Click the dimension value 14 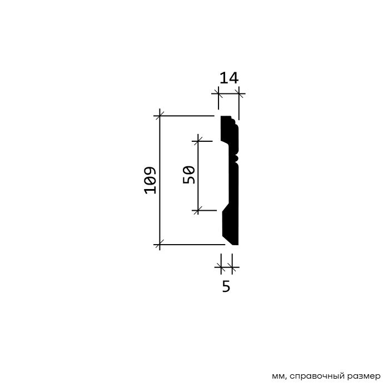click(x=229, y=78)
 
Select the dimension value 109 click(x=150, y=180)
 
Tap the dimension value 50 click(x=189, y=175)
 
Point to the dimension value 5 click(x=226, y=286)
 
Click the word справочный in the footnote click(x=317, y=376)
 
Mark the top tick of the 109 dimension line click(x=160, y=116)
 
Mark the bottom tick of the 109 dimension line click(x=160, y=245)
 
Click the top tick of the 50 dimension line click(x=198, y=141)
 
